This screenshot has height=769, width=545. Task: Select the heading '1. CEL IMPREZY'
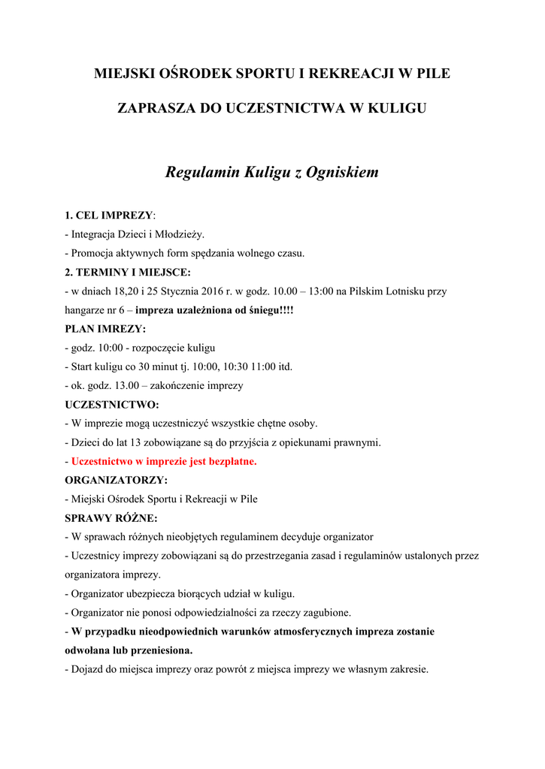[x=109, y=216]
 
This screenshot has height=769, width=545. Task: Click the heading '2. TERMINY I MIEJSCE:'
[x=128, y=272]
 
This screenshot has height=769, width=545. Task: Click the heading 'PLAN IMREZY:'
[x=105, y=329]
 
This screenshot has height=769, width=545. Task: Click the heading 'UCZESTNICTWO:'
[x=112, y=405]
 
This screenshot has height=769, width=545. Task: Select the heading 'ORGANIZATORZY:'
[x=117, y=480]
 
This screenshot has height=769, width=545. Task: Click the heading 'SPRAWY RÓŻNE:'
[x=111, y=518]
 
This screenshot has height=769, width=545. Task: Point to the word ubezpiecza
[x=144, y=593]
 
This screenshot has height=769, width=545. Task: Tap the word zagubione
[x=325, y=612]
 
